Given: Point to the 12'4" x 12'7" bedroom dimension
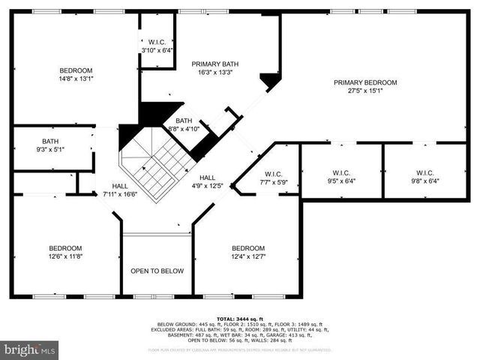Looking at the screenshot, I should [x=247, y=257].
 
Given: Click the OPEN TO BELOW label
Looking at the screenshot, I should [x=157, y=271].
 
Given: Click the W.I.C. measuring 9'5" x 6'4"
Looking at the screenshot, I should [x=341, y=177].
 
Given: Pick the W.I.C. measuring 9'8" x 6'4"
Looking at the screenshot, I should [x=424, y=177].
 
